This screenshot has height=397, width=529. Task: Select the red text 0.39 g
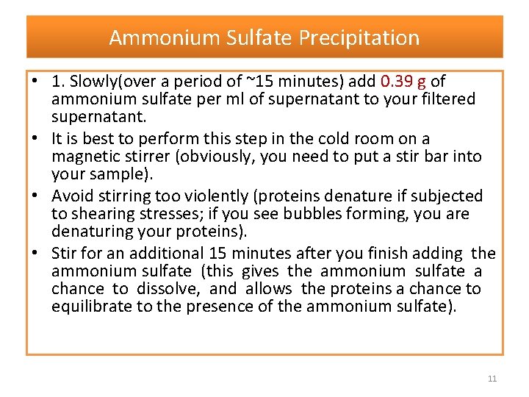403,82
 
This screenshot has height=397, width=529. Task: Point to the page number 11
492,379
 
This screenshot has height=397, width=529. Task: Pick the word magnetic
85,157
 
